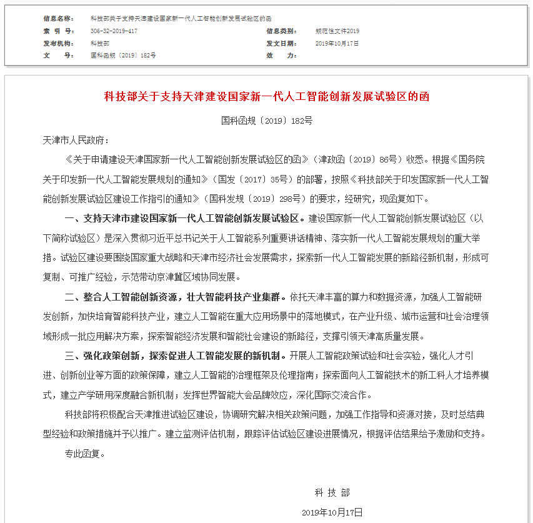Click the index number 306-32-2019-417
coord(114,31)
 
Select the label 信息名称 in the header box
coord(58,19)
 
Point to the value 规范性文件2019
coord(337,31)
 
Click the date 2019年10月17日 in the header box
coord(337,43)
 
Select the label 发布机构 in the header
coord(58,43)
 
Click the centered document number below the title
coord(267,121)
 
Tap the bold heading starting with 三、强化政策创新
coord(177,356)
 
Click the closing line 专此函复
coord(85,454)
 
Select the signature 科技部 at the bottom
coord(332,493)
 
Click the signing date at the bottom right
coord(332,512)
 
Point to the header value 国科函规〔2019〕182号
coord(123,55)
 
